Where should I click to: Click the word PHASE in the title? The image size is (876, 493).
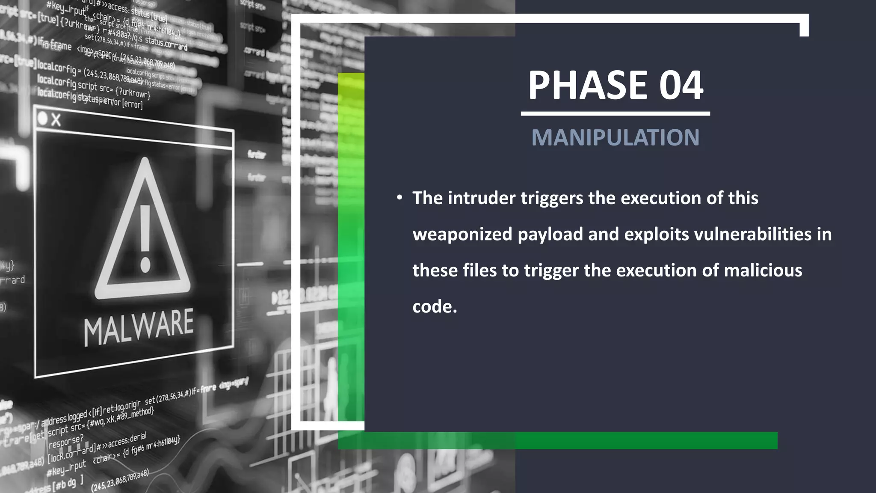click(589, 85)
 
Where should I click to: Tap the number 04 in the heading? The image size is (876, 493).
click(681, 85)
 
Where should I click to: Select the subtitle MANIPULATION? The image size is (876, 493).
click(615, 138)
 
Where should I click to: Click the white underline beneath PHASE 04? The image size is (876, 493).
click(615, 114)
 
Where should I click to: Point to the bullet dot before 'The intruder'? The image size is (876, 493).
click(400, 198)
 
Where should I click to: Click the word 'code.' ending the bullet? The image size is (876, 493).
click(435, 306)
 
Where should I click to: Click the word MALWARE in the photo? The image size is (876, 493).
click(139, 327)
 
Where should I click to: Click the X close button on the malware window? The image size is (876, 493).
click(56, 120)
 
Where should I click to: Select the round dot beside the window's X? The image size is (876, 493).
click(42, 118)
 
